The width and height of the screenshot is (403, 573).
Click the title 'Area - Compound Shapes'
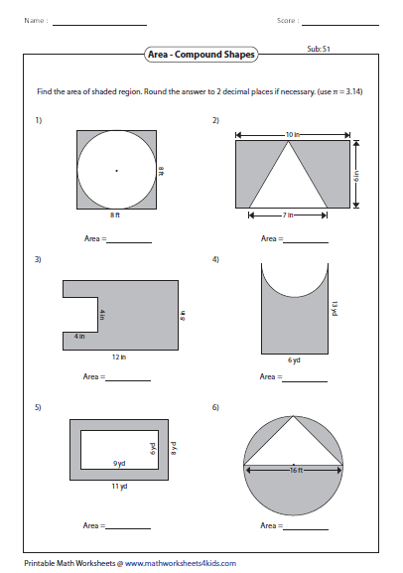pyautogui.click(x=201, y=57)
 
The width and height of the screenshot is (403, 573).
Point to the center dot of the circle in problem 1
pyautogui.click(x=116, y=171)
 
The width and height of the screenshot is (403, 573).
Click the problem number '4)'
pyautogui.click(x=215, y=259)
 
